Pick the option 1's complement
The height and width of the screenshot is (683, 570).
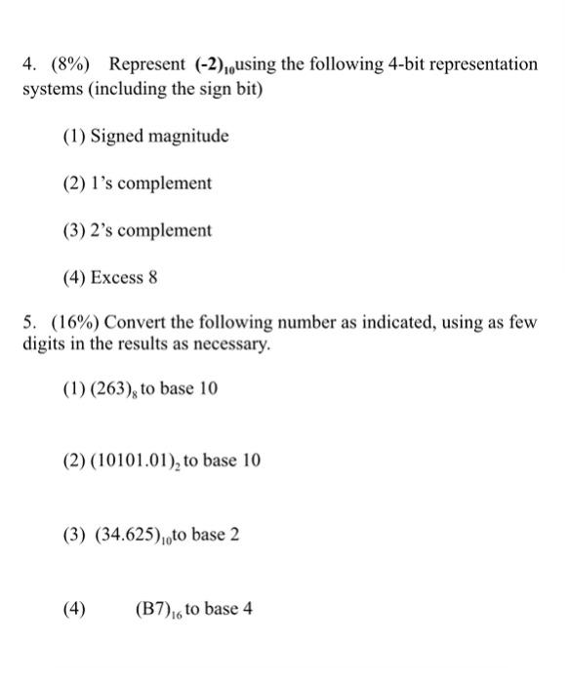(x=150, y=183)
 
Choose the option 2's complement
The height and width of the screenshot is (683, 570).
(x=150, y=231)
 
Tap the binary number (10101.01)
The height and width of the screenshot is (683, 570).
(x=141, y=460)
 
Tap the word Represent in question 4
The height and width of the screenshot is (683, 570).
(x=145, y=64)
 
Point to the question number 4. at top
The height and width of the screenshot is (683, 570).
(x=29, y=64)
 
